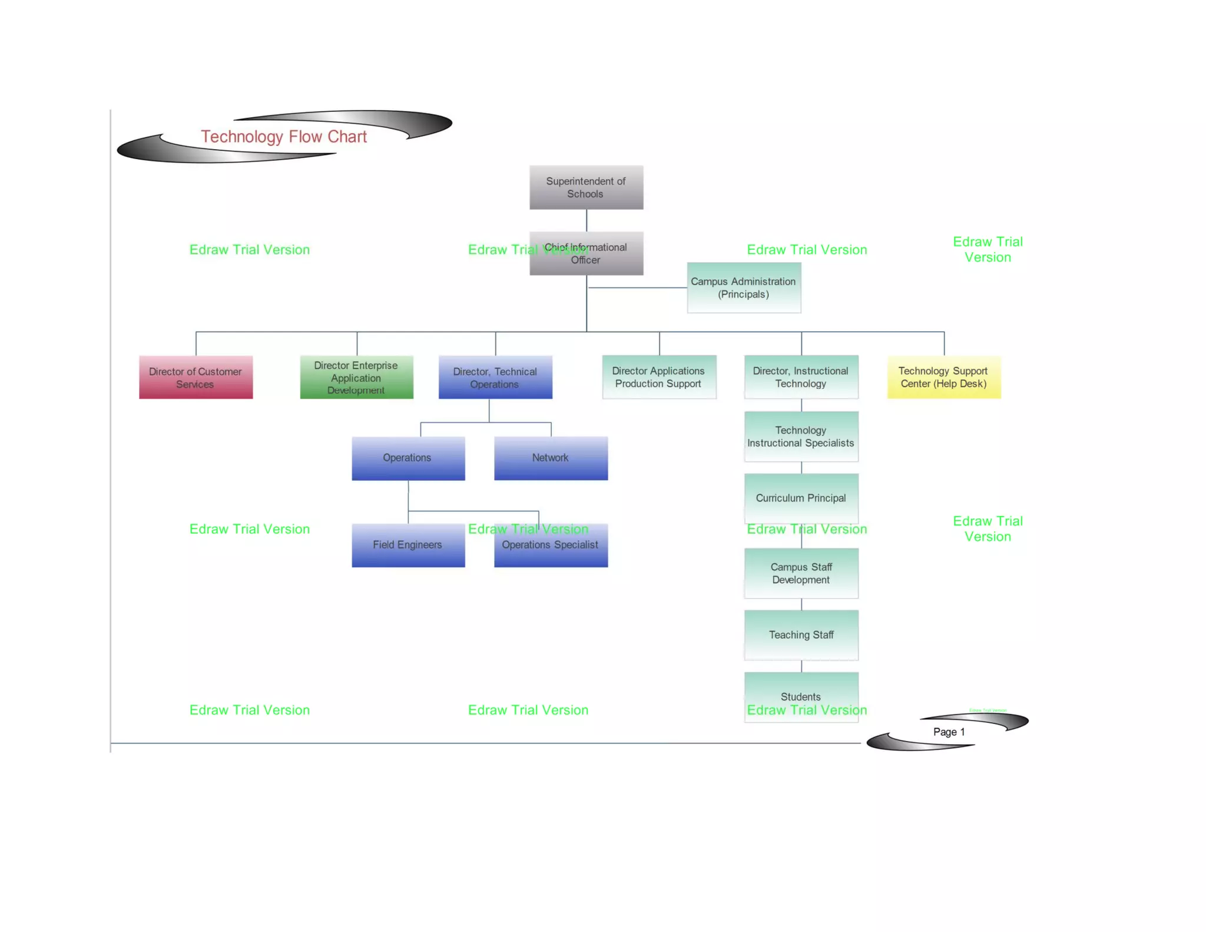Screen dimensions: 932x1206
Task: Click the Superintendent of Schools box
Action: pos(586,187)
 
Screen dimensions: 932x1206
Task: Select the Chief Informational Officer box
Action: pos(586,254)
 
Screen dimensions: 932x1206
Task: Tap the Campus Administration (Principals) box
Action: pos(743,287)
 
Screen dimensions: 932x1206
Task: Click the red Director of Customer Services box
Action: pos(196,377)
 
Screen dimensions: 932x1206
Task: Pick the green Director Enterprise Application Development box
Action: pos(356,377)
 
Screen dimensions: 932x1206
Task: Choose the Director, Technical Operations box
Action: pos(495,377)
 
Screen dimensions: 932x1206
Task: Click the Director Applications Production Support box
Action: pos(658,377)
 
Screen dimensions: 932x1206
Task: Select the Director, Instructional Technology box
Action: pos(801,377)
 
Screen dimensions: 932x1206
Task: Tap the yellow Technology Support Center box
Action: pos(943,377)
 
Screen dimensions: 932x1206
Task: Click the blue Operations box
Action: pos(407,458)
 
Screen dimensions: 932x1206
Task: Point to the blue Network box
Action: pos(551,458)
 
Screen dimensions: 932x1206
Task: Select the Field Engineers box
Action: pos(407,545)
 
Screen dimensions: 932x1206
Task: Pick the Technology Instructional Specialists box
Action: pos(801,437)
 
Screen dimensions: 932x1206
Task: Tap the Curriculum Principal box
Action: pos(801,498)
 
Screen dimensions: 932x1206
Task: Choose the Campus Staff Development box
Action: pos(801,573)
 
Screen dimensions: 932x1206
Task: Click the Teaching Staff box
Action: pos(801,634)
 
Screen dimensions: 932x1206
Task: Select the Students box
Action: pos(801,696)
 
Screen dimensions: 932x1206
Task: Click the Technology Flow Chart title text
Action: pos(284,137)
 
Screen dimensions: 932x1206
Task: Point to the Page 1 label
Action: pos(949,732)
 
